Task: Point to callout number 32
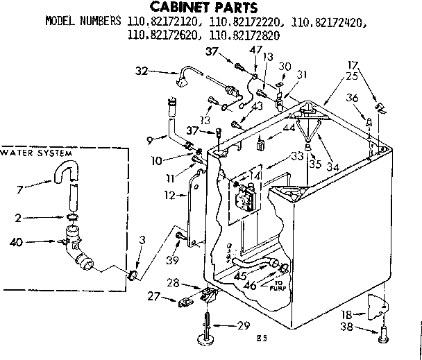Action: point(142,70)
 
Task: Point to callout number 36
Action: point(353,98)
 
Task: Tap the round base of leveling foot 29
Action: point(208,340)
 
